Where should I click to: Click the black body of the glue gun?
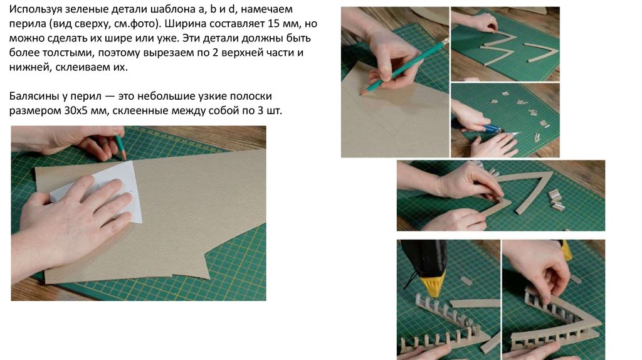(424, 257)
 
